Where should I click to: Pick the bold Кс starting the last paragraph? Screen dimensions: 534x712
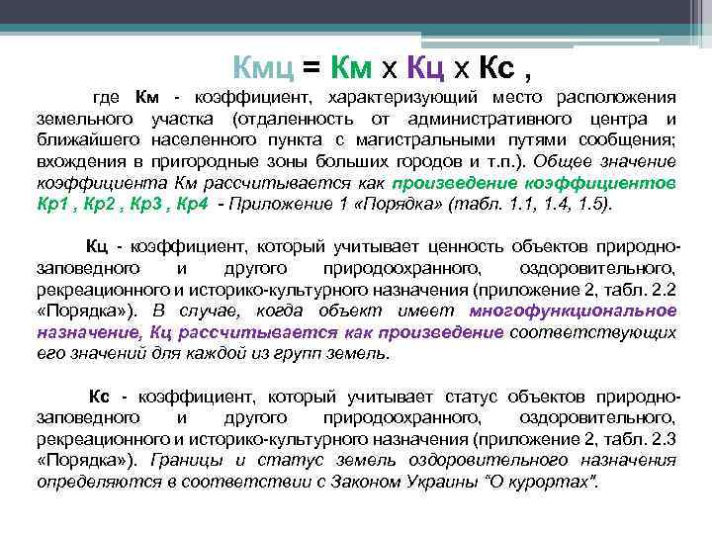click(x=101, y=397)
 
